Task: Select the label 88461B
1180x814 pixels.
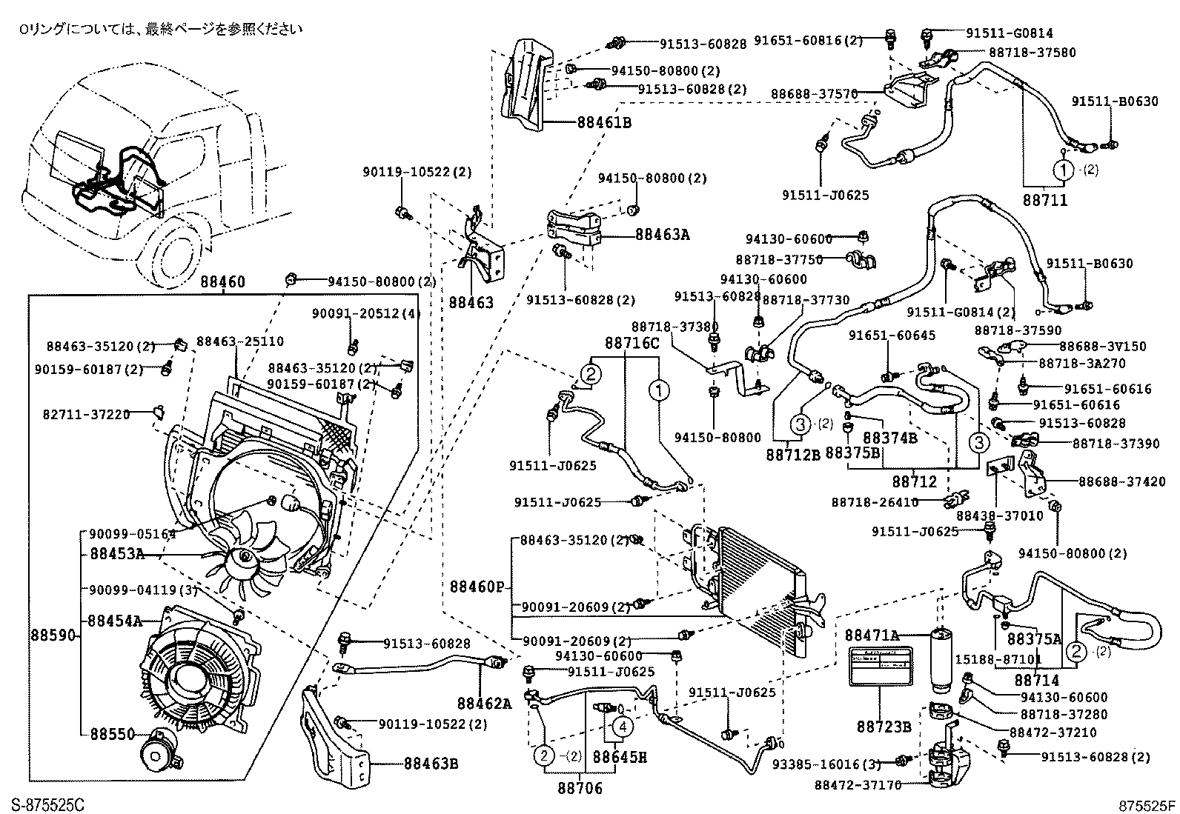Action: point(600,123)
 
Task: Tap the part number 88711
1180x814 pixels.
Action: point(1045,200)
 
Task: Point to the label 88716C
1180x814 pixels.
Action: point(632,343)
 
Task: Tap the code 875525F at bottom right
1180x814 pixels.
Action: point(1147,804)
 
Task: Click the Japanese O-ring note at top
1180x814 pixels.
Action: point(160,30)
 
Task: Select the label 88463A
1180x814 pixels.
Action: point(662,235)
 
